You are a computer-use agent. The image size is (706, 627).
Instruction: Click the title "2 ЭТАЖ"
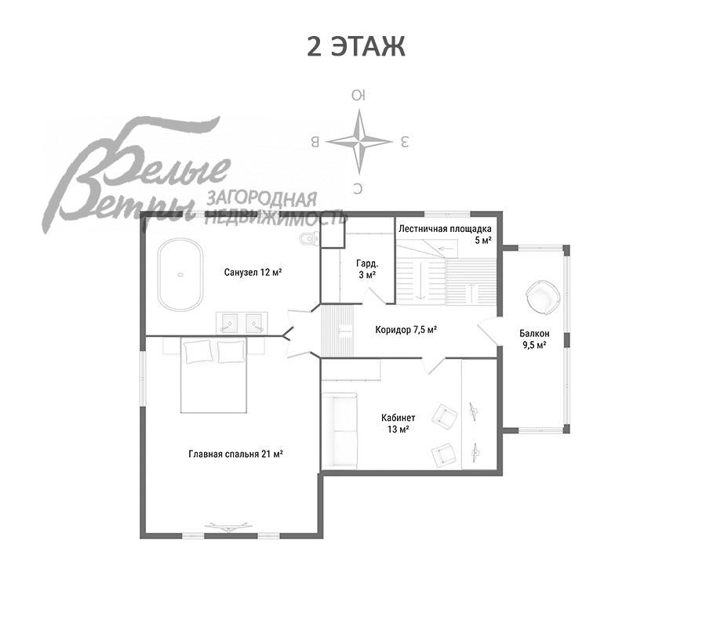(355, 47)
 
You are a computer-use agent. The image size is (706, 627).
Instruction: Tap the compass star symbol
(358, 142)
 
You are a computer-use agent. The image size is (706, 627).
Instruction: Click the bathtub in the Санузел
(180, 274)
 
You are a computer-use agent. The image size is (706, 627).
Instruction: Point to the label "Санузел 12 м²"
(253, 272)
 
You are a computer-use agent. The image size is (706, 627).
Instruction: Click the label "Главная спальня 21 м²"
(235, 454)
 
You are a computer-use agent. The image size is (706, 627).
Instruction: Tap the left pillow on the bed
(197, 351)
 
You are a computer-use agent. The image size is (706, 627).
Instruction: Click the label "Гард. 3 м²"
(367, 269)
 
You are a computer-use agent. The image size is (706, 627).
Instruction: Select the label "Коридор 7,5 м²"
(406, 330)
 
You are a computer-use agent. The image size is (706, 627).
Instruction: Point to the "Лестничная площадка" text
(445, 229)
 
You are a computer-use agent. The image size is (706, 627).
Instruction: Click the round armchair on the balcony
(543, 297)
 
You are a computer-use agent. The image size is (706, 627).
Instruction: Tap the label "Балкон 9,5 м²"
(534, 339)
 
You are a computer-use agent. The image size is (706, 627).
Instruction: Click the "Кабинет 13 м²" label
(398, 423)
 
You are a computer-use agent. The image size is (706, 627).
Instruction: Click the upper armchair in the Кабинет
(445, 415)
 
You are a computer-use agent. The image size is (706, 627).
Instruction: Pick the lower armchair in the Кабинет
(444, 455)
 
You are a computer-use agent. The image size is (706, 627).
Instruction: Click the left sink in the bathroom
(229, 323)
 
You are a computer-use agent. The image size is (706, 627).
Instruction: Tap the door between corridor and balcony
(489, 331)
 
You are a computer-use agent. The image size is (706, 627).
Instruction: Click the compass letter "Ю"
(358, 96)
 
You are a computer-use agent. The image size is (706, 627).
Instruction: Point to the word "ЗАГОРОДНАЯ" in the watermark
(261, 199)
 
